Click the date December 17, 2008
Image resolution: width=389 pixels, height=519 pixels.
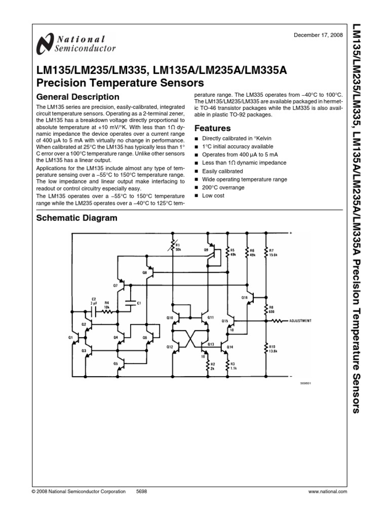pyautogui.click(x=318, y=35)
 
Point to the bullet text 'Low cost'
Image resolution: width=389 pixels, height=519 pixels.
pyautogui.click(x=213, y=196)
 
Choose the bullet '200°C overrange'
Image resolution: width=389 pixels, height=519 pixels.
pyautogui.click(x=223, y=188)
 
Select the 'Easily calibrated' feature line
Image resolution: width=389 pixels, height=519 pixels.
pyautogui.click(x=222, y=171)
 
